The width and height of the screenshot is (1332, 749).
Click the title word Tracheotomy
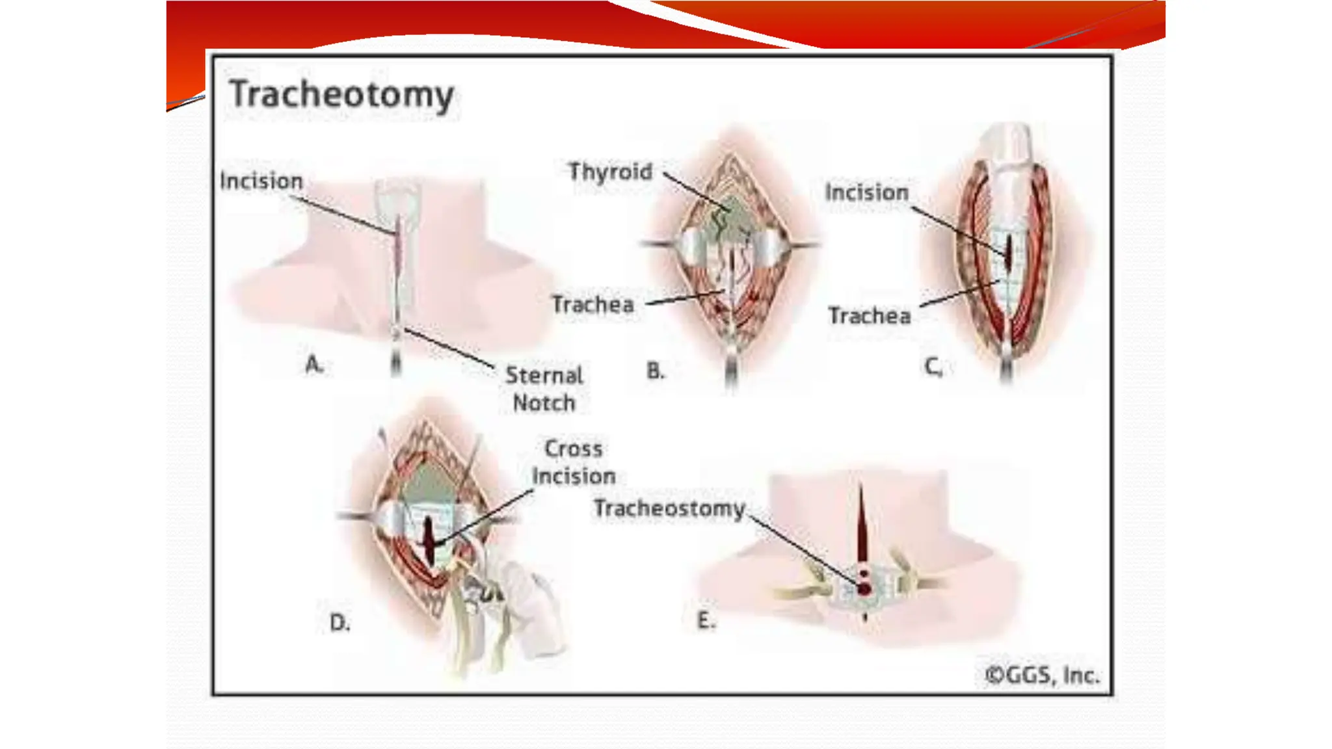(342, 95)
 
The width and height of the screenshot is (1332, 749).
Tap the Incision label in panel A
(261, 181)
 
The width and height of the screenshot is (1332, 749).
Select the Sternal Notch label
(544, 389)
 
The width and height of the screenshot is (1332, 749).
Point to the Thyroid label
(610, 172)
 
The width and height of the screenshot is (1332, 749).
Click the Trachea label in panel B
(593, 304)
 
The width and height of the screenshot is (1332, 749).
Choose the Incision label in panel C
(866, 192)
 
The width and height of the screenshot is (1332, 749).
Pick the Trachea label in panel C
(869, 316)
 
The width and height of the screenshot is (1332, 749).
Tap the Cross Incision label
(573, 462)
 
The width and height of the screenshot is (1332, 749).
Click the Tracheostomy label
(669, 508)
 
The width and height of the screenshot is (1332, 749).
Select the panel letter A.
(313, 364)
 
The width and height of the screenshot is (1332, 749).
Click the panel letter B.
(655, 371)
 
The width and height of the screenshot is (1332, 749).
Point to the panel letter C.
(933, 367)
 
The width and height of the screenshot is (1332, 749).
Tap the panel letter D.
(340, 623)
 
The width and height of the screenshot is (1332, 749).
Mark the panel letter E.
(706, 621)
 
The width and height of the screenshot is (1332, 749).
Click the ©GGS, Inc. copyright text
(1042, 676)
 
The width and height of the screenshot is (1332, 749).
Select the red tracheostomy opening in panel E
(864, 588)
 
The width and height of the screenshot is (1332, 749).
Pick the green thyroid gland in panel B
(732, 215)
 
